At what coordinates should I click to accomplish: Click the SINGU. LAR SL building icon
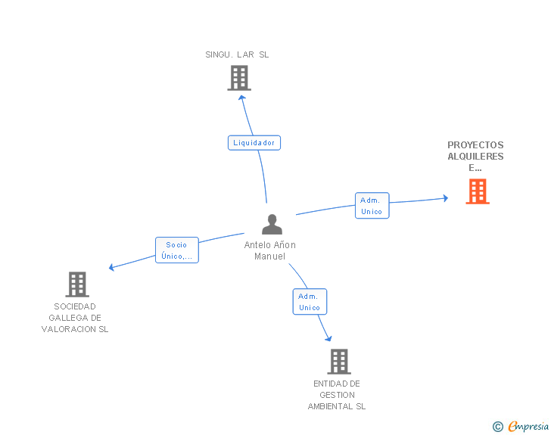(238, 78)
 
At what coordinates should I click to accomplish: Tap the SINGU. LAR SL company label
(237, 54)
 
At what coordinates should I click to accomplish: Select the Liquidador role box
(254, 142)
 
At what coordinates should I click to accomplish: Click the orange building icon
(477, 191)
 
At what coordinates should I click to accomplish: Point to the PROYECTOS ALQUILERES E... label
(475, 157)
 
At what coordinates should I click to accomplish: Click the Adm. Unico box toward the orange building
(372, 206)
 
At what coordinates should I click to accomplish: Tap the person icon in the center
(272, 224)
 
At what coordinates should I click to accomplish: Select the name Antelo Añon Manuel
(270, 250)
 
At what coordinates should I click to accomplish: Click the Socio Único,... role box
(176, 250)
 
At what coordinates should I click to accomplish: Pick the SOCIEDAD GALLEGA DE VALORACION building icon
(77, 284)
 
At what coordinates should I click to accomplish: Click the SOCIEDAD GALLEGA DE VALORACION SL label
(75, 318)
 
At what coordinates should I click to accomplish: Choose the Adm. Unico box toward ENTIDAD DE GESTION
(310, 302)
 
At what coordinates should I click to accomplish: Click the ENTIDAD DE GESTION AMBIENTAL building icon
(339, 362)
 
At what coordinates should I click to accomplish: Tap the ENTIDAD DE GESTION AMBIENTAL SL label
(337, 395)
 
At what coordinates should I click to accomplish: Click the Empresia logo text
(528, 427)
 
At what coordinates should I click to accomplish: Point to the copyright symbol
(497, 427)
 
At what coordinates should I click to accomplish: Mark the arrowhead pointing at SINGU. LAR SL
(241, 96)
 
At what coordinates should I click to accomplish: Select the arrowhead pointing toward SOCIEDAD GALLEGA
(112, 267)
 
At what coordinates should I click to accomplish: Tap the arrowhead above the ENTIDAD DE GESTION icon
(328, 338)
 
